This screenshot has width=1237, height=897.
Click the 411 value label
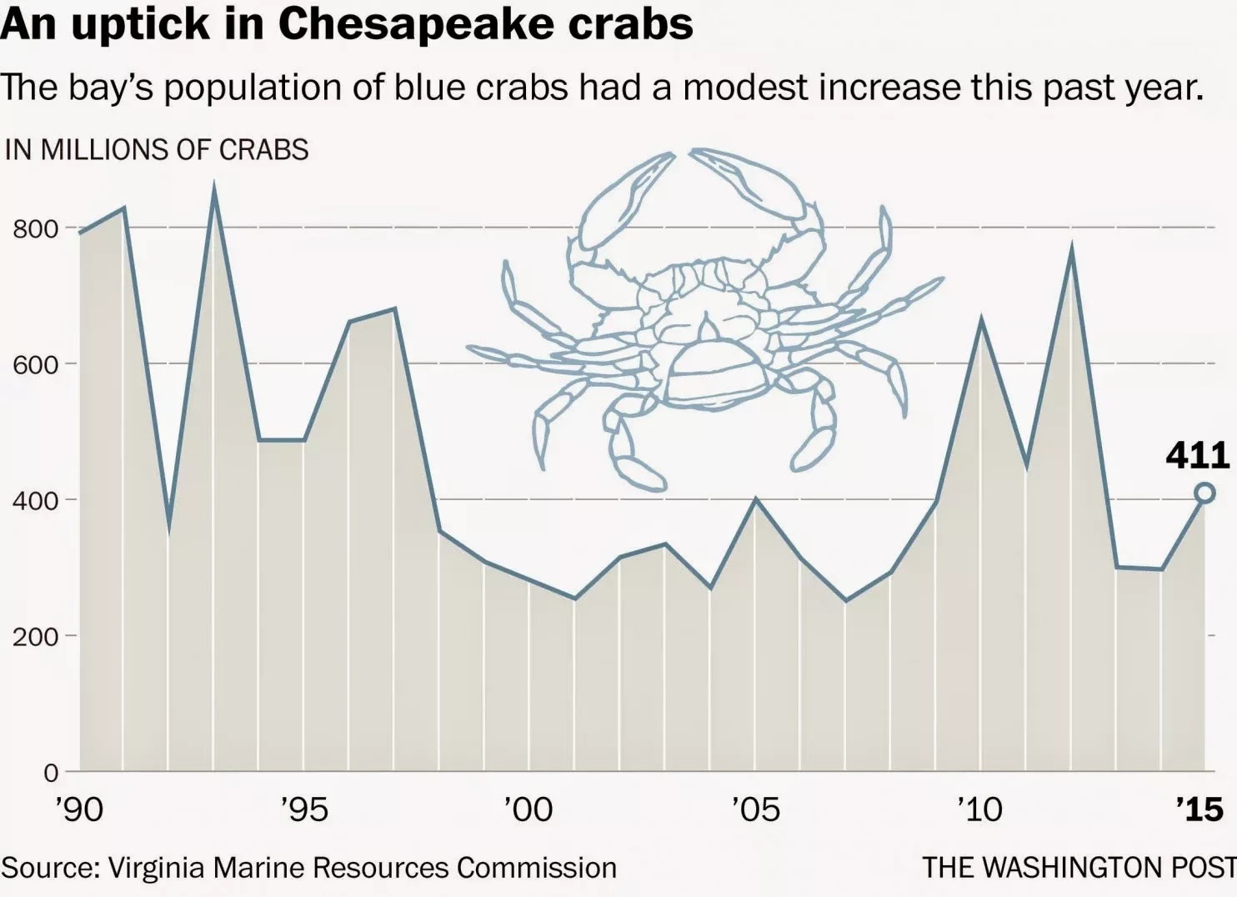[x=1198, y=455]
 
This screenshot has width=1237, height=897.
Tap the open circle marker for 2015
[x=1204, y=494]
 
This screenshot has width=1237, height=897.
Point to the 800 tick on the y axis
[x=35, y=229]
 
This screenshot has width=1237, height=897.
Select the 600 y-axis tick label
[x=35, y=365]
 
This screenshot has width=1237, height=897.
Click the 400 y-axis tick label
[x=35, y=501]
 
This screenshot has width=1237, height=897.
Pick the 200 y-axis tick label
[x=35, y=637]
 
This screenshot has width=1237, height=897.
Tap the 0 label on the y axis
[x=51, y=773]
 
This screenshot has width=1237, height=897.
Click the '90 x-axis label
[x=80, y=809]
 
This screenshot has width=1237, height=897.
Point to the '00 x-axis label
[x=528, y=809]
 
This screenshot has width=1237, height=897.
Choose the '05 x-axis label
[x=755, y=809]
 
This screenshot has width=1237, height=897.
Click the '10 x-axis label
[x=979, y=809]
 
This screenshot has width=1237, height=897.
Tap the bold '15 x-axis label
[x=1199, y=809]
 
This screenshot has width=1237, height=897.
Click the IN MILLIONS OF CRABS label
[x=157, y=150]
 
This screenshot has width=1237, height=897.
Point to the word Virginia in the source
[x=156, y=868]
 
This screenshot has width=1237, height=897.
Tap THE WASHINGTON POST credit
[x=1079, y=868]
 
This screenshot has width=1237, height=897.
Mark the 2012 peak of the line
[x=1071, y=248]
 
